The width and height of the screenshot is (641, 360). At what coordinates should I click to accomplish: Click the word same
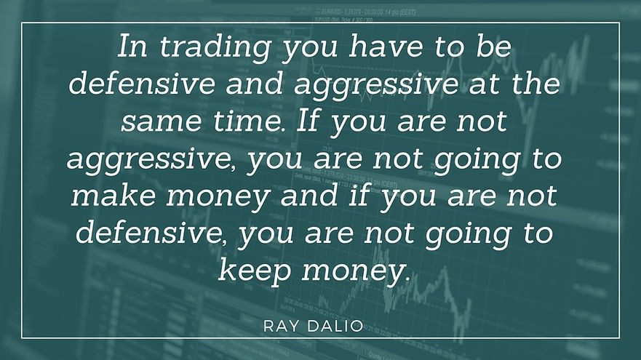click(x=162, y=121)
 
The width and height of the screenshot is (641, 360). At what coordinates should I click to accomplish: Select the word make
click(x=114, y=196)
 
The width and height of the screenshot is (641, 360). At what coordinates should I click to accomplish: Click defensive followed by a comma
click(x=151, y=233)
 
